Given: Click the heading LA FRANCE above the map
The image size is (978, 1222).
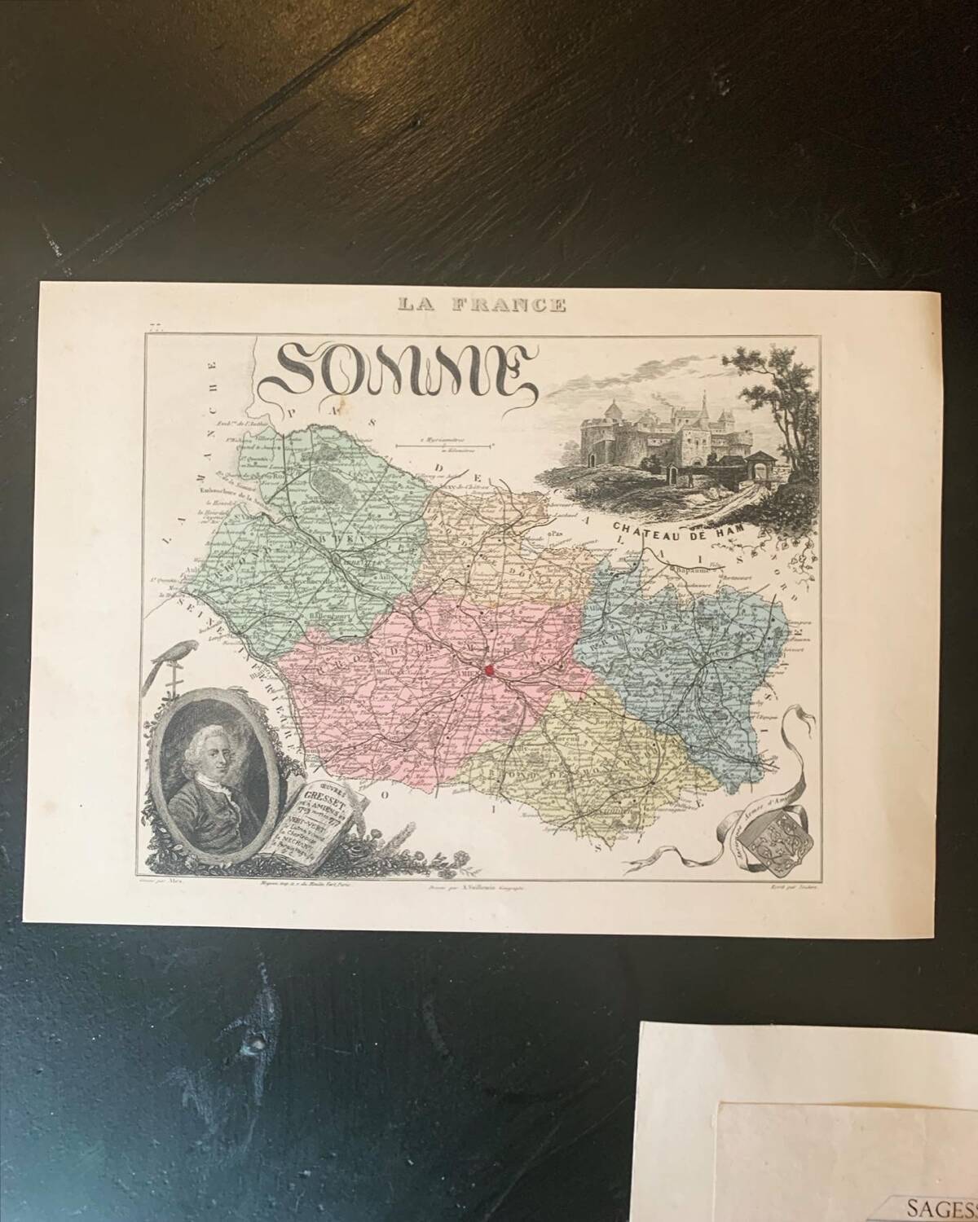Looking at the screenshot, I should (481, 305).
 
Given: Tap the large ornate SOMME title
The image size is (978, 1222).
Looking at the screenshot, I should (401, 371).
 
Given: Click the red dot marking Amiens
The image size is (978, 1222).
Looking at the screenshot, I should (489, 670).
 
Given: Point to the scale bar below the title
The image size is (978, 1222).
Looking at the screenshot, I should (444, 445).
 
